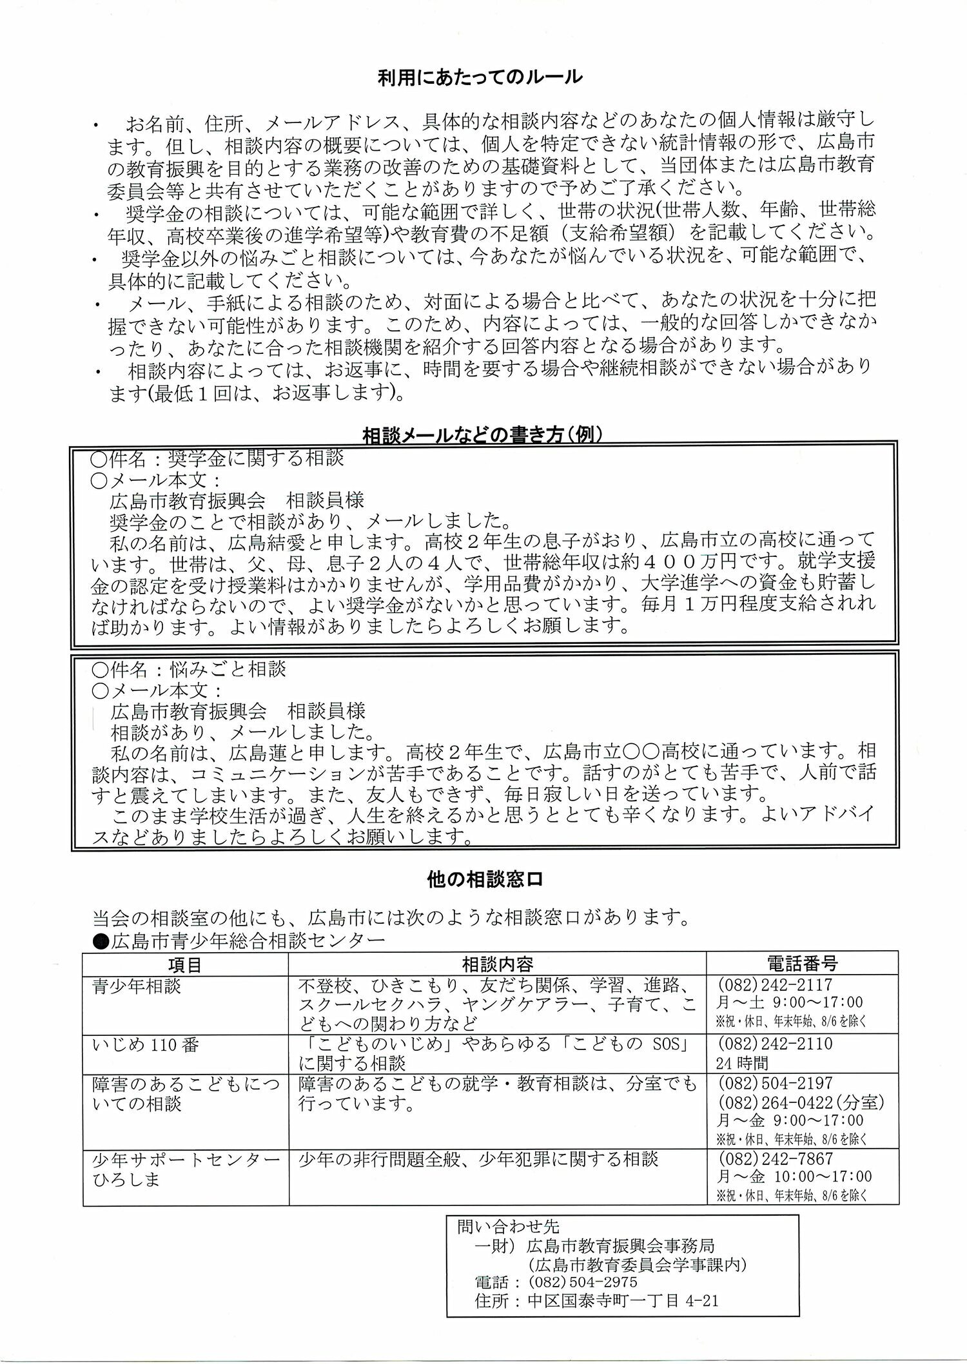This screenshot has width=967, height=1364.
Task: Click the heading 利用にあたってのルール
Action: pyautogui.click(x=480, y=77)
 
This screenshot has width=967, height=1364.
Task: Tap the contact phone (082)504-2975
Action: pyautogui.click(x=581, y=1281)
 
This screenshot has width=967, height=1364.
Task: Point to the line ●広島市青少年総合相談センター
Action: pyautogui.click(x=239, y=940)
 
